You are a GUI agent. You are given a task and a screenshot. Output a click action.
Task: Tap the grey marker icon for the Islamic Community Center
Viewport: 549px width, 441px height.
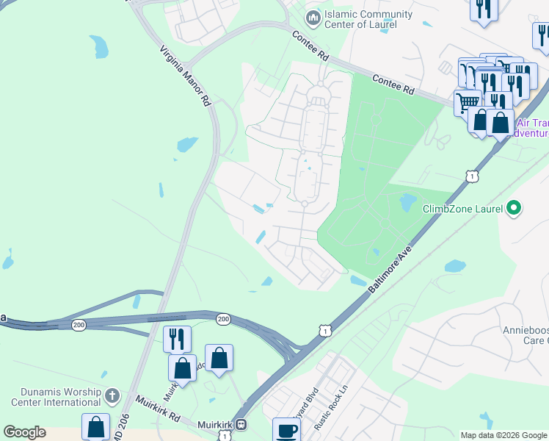tap(313, 16)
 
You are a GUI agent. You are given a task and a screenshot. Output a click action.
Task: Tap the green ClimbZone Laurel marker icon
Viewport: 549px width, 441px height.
tap(514, 209)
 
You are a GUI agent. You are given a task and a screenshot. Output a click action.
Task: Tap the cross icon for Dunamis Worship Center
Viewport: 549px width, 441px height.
tap(112, 395)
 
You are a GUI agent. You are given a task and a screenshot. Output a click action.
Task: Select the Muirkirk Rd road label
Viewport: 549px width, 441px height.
tap(158, 407)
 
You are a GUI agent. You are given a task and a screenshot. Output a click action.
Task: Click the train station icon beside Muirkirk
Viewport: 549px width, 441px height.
tap(240, 425)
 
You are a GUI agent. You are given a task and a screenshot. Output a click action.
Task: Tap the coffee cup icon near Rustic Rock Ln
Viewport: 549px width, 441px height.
tap(286, 430)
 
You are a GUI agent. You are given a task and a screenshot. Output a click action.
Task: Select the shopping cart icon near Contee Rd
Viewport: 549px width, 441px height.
tap(467, 101)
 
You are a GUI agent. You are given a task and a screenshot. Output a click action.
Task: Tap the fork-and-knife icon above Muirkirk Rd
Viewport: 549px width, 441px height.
tap(177, 339)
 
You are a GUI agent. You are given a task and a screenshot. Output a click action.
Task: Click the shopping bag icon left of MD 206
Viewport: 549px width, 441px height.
tap(95, 426)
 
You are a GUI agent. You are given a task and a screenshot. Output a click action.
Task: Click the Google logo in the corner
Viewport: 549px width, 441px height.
tap(24, 432)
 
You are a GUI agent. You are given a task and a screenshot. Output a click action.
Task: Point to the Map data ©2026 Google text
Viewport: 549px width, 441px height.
tap(503, 435)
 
